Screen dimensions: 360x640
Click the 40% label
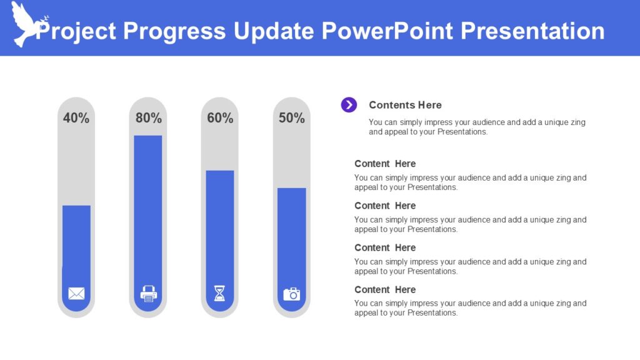click(x=76, y=118)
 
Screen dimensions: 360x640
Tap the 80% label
click(x=148, y=118)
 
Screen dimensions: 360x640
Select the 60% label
click(x=220, y=118)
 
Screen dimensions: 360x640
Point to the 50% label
click(x=292, y=118)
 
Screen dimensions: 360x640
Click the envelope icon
click(x=76, y=293)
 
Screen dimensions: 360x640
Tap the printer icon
click(x=149, y=293)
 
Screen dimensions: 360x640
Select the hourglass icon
click(x=219, y=293)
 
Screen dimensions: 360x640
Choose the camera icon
click(x=292, y=294)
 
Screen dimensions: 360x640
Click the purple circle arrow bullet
click(x=349, y=105)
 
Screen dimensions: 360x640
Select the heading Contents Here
click(x=405, y=105)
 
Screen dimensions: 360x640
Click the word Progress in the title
click(x=174, y=31)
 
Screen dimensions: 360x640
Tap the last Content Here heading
click(x=385, y=289)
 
